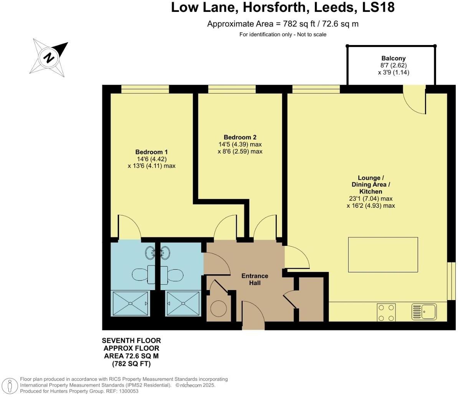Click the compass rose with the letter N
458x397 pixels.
click(49, 57)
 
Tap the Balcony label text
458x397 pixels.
click(391, 58)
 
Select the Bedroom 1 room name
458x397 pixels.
click(151, 152)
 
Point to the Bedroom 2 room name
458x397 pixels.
click(240, 137)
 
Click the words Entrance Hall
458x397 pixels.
click(255, 279)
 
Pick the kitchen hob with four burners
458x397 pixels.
click(386, 312)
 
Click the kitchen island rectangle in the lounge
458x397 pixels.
click(383, 255)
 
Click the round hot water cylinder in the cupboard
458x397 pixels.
click(219, 309)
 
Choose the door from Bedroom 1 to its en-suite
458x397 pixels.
click(130, 227)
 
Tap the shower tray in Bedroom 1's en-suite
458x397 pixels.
click(130, 304)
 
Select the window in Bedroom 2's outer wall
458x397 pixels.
click(232, 89)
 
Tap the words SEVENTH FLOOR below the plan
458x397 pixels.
click(131, 341)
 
